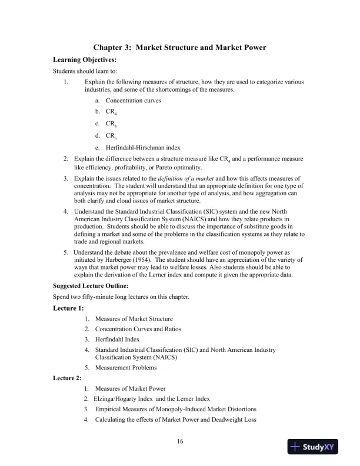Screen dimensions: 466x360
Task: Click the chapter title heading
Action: (x=179, y=48)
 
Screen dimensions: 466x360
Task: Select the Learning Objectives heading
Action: (x=85, y=59)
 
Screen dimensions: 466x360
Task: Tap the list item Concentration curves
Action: (x=134, y=101)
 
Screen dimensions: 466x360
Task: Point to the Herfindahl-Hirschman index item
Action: (x=143, y=147)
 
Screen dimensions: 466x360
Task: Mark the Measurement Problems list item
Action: (x=126, y=368)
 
